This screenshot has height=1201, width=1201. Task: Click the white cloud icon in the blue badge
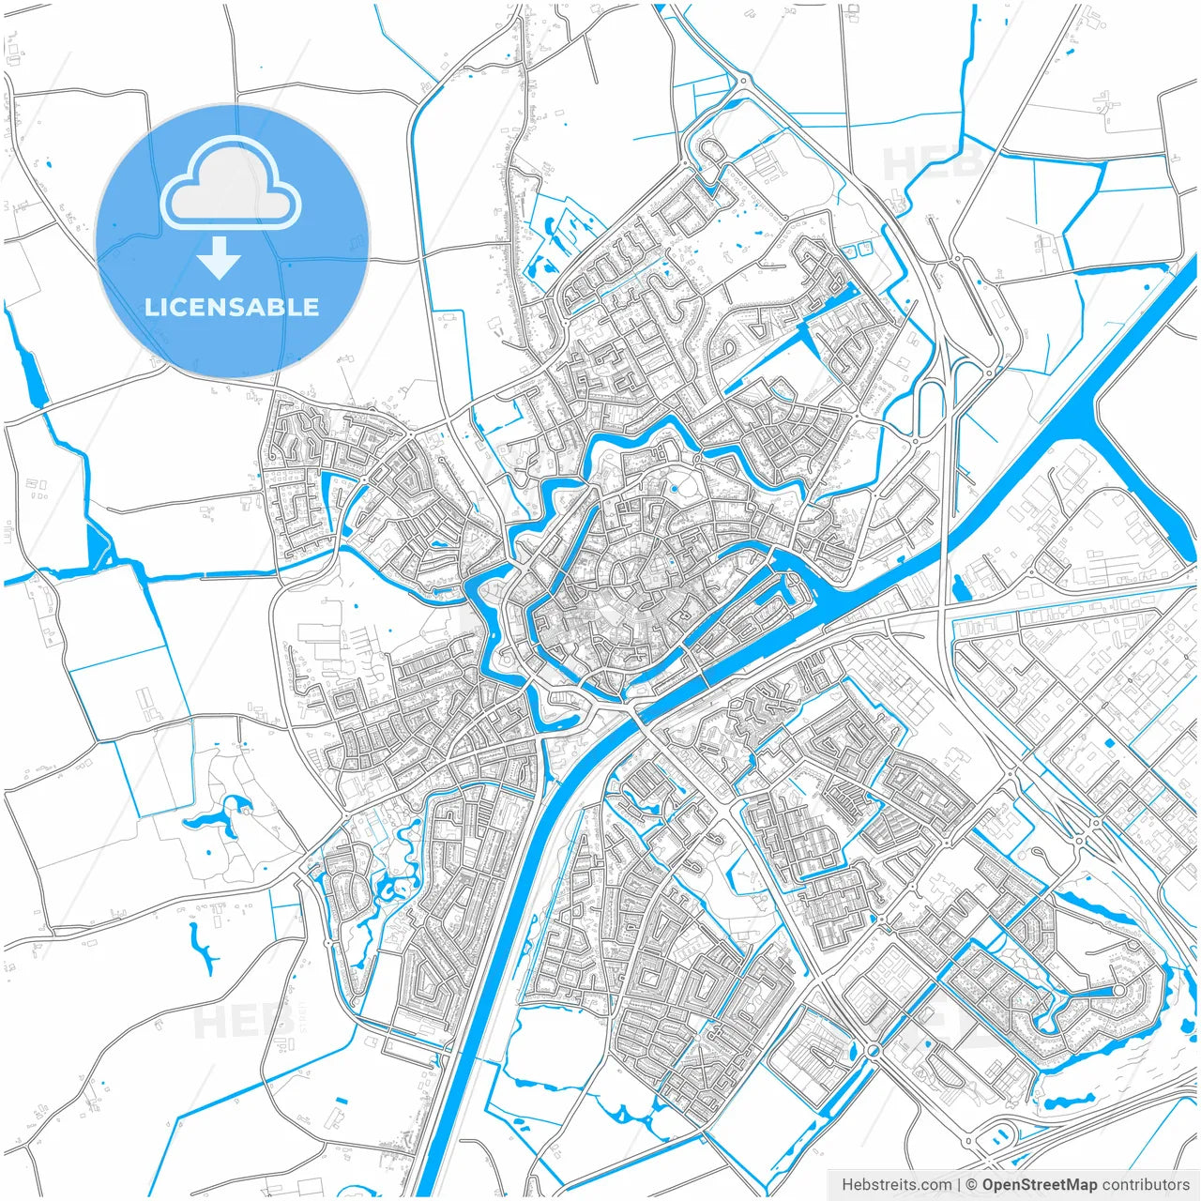pyautogui.click(x=231, y=184)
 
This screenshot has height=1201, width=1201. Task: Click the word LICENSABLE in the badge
pyautogui.click(x=232, y=307)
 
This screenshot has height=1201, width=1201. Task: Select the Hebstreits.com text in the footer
pyautogui.click(x=896, y=1185)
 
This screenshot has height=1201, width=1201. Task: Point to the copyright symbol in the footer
pyautogui.click(x=972, y=1185)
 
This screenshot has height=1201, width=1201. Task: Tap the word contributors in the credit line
pyautogui.click(x=1146, y=1185)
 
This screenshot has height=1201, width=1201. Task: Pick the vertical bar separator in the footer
pyautogui.click(x=959, y=1185)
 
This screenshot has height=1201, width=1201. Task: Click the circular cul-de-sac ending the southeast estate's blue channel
pyautogui.click(x=1118, y=990)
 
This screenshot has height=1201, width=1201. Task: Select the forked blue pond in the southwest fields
pyautogui.click(x=203, y=948)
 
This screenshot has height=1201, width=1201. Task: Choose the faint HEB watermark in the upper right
pyautogui.click(x=929, y=164)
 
